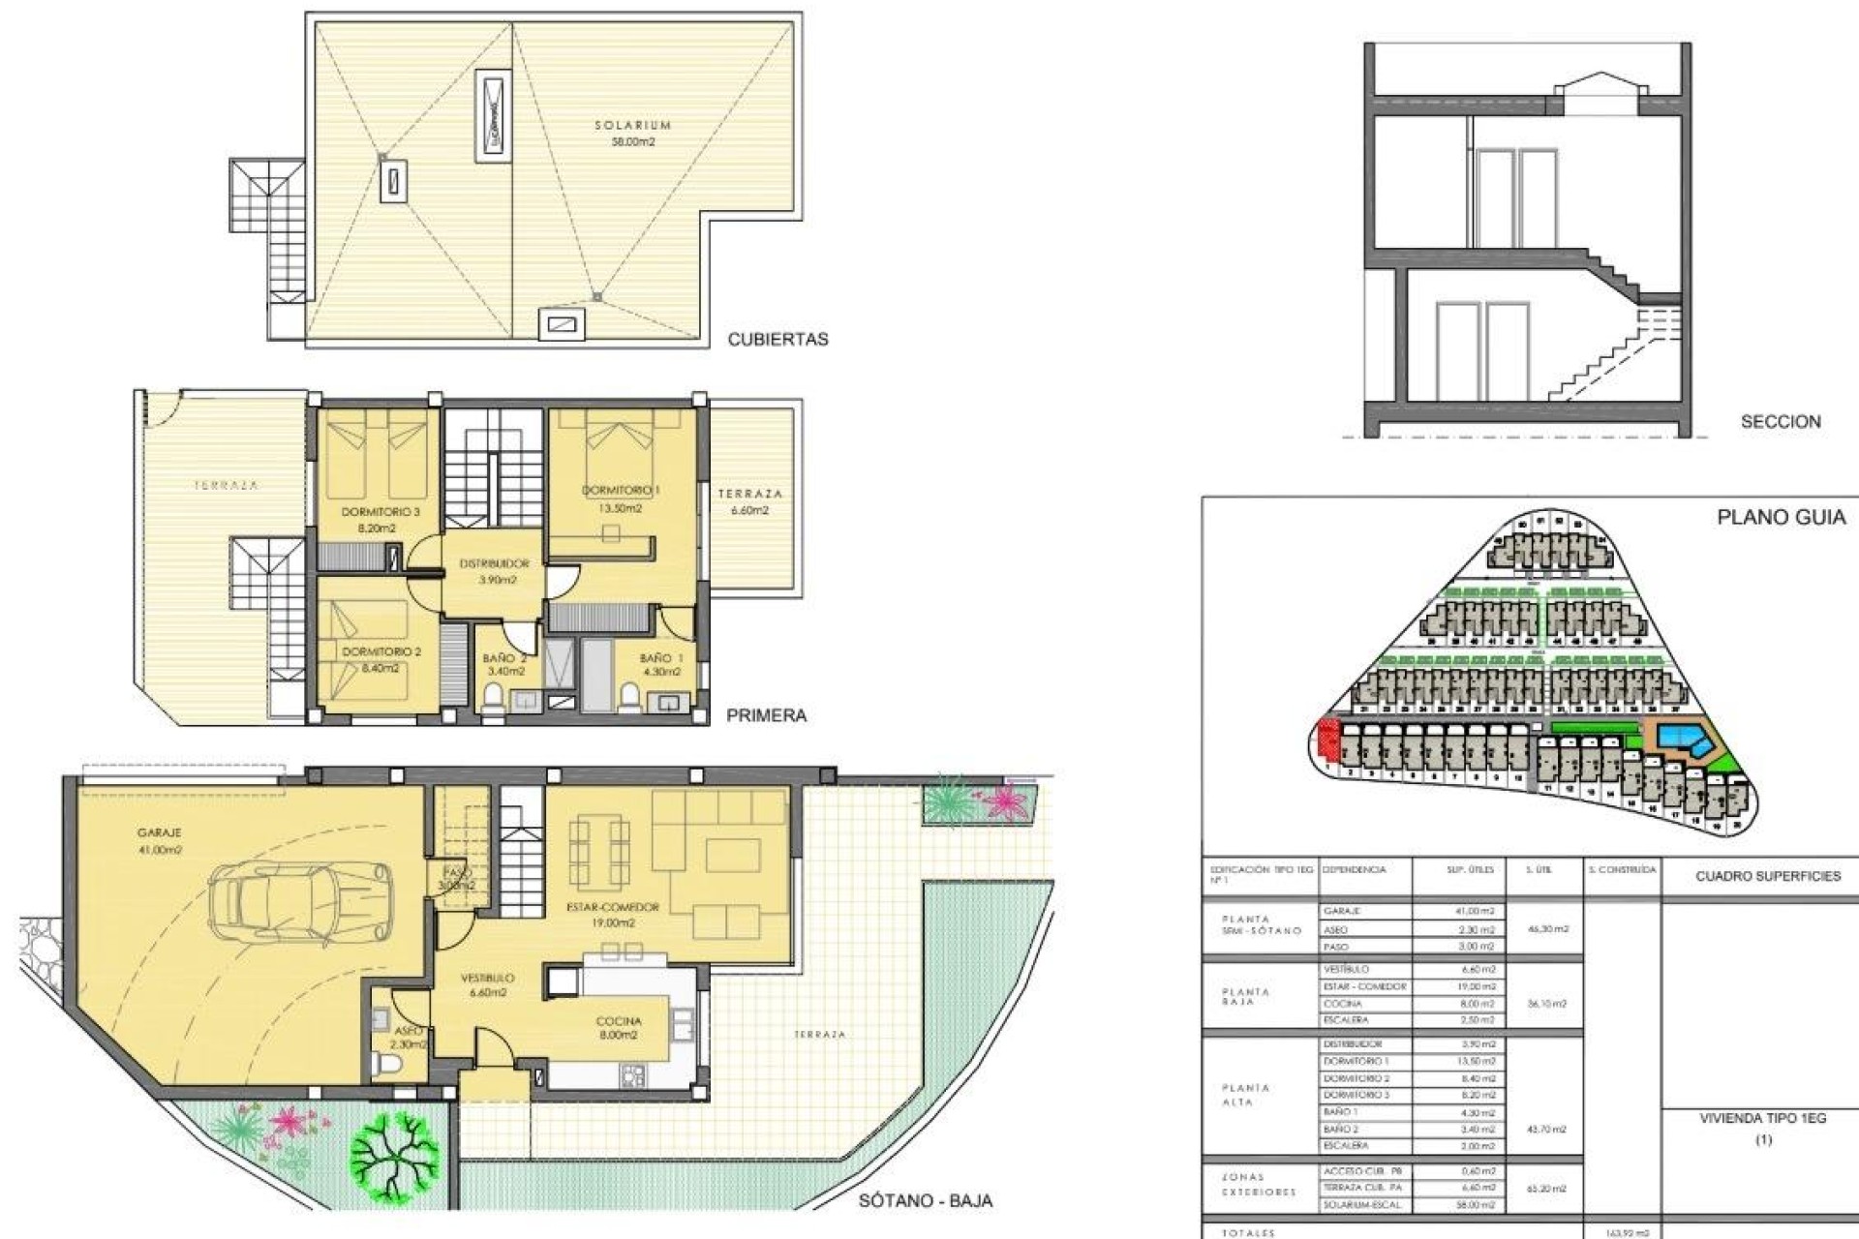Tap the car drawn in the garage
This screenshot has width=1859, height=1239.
point(300,896)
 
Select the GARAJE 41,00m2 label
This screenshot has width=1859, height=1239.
point(160,840)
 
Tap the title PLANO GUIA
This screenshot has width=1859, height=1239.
point(1781,518)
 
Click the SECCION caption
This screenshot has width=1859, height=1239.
point(1780,422)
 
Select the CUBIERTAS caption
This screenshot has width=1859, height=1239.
point(777,340)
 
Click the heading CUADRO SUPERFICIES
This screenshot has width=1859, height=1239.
point(1768,876)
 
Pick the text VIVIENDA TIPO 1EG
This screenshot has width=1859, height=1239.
point(1762,1118)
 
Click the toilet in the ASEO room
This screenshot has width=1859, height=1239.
point(391,1065)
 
